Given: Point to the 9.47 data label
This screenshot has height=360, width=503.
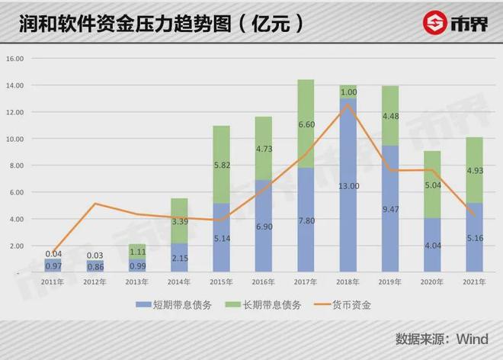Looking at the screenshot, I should [390, 209].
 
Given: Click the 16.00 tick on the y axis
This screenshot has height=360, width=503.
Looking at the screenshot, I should [15, 59].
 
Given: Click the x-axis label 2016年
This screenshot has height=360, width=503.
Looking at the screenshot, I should [263, 281].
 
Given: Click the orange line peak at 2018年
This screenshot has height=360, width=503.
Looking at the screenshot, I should [348, 104].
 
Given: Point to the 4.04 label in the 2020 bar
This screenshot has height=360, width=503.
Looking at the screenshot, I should [432, 246].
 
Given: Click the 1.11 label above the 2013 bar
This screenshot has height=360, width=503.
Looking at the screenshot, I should [137, 250].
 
